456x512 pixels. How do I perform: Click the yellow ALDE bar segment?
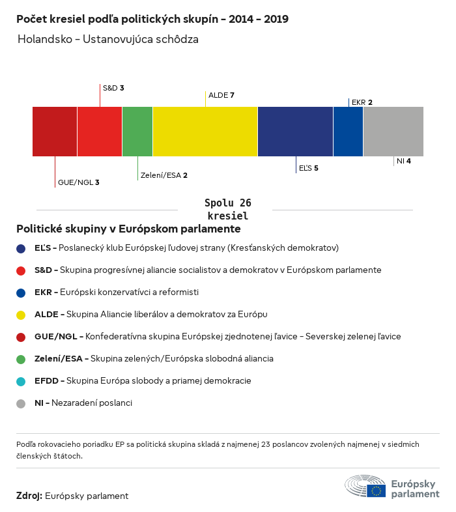click(205, 132)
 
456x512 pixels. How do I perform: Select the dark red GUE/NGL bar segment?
click(55, 132)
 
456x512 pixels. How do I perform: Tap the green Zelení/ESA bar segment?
click(137, 132)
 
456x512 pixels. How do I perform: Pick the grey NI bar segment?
click(393, 132)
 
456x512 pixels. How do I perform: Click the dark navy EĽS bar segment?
click(296, 132)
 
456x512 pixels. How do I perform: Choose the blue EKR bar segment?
click(349, 132)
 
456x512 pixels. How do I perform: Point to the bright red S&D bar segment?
click(100, 132)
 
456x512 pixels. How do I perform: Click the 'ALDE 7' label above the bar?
click(221, 96)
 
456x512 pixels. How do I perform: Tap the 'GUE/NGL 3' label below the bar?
click(78, 182)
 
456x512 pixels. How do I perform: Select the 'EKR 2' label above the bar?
click(362, 102)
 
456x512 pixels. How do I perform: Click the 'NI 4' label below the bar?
click(403, 161)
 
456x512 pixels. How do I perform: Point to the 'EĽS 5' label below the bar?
click(308, 169)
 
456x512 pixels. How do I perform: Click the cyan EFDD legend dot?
click(21, 381)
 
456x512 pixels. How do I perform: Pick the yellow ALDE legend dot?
click(21, 315)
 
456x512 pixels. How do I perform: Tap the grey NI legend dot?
click(21, 403)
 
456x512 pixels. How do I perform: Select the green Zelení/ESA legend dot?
click(21, 359)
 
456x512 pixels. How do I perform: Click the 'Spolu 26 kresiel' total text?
click(228, 210)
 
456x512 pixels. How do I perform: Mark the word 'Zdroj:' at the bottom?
click(29, 496)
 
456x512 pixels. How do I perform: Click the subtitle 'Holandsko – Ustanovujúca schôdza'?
click(108, 39)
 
